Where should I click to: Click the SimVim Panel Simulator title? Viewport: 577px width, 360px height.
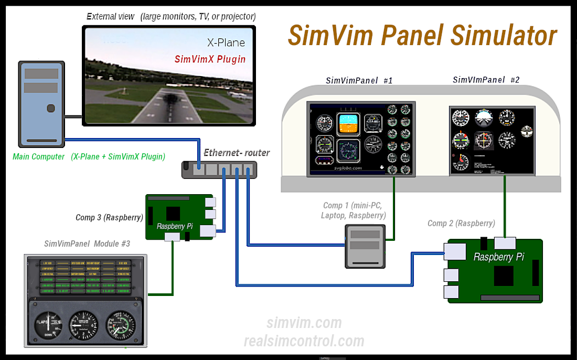click(x=422, y=36)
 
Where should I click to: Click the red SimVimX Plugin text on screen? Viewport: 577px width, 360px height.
click(x=210, y=59)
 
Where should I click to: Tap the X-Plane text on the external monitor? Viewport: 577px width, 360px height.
click(x=225, y=43)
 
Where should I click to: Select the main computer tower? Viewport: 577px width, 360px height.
click(x=41, y=104)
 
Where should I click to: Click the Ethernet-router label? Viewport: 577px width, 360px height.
click(x=237, y=153)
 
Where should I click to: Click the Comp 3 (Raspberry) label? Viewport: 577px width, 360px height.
click(x=109, y=217)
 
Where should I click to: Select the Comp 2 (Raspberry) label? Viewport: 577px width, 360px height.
click(x=461, y=223)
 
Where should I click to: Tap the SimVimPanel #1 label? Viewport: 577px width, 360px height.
click(x=359, y=80)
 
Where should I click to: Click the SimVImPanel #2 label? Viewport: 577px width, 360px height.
click(x=486, y=80)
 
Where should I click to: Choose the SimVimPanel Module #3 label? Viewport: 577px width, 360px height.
click(x=87, y=243)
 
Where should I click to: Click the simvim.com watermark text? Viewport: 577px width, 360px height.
click(x=304, y=323)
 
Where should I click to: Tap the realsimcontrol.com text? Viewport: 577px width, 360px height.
click(x=304, y=341)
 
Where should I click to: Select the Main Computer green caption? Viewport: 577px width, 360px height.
click(x=89, y=156)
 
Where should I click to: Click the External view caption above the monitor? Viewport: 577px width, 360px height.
click(x=171, y=16)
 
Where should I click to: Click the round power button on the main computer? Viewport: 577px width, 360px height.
click(x=50, y=109)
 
